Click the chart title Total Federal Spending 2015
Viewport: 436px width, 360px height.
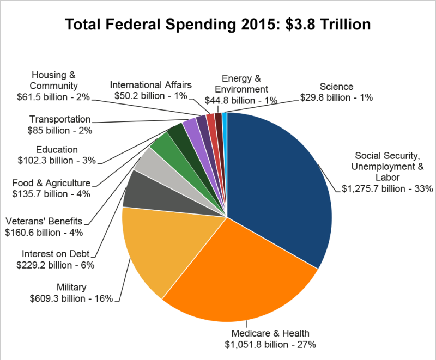click(218, 25)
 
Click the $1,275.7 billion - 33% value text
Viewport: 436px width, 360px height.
click(387, 189)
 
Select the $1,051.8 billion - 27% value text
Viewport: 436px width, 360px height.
click(271, 344)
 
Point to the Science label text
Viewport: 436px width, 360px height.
click(336, 87)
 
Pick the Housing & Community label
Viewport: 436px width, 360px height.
click(54, 80)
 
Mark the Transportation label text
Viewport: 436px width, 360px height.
click(60, 119)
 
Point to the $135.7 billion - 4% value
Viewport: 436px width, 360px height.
click(51, 193)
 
